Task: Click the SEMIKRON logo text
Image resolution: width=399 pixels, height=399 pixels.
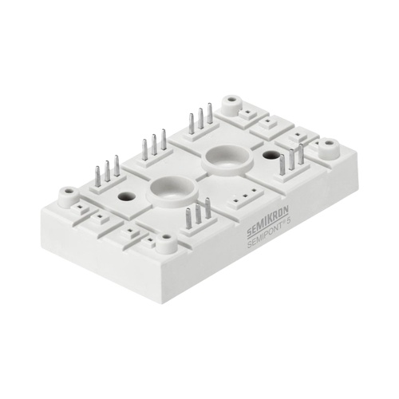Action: (x=267, y=219)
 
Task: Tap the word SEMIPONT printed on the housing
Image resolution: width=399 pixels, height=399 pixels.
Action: (x=267, y=232)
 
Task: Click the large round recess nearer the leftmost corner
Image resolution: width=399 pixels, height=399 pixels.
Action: (x=173, y=190)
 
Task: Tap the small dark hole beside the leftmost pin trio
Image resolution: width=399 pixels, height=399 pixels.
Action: (x=124, y=196)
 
